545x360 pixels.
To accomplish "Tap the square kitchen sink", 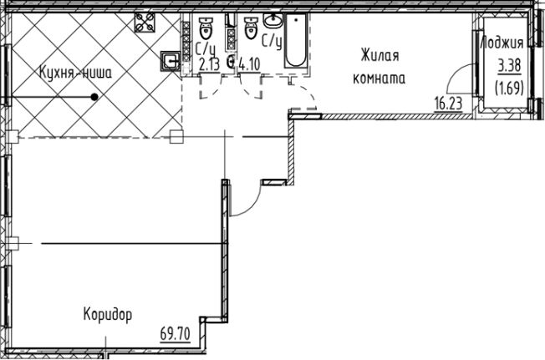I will tap(170, 60).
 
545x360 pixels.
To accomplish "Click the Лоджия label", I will tap(502, 44).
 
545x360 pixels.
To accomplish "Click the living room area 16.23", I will tap(449, 104).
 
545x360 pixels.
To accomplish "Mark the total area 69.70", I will tap(175, 335).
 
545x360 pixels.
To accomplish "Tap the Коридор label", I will tap(108, 315).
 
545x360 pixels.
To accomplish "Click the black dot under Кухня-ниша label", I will tap(95, 97).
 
